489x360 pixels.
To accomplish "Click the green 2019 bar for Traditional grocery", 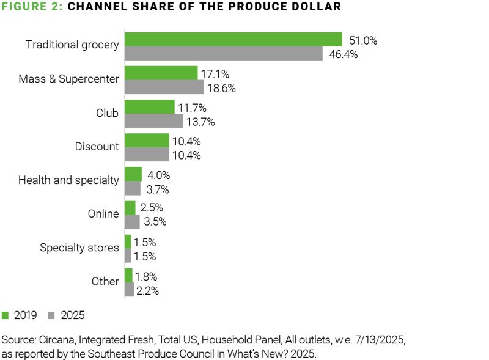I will click(233, 39).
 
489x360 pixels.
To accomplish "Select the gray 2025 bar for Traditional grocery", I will click(223, 54).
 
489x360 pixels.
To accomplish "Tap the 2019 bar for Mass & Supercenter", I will click(161, 73).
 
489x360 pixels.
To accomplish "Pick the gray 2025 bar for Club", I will click(153, 122).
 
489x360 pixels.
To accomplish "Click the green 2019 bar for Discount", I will click(147, 141).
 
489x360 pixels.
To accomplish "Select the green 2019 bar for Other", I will click(128, 275).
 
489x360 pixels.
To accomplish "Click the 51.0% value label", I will click(363, 41).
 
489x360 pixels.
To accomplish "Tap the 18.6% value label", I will click(221, 88).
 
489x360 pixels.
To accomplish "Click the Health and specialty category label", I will click(68, 180).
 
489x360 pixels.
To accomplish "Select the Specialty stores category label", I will click(79, 248).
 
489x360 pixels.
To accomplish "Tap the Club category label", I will click(107, 113).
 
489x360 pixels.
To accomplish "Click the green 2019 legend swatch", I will click(6, 316).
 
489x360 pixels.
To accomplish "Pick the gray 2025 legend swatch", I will click(51, 316).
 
